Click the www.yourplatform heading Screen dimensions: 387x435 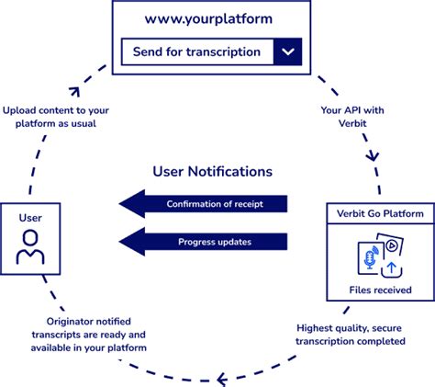click(212, 19)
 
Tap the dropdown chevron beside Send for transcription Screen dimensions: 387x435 click(289, 51)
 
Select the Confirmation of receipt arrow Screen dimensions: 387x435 click(204, 203)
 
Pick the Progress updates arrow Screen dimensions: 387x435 click(204, 242)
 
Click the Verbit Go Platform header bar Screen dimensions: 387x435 click(379, 214)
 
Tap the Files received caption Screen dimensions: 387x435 click(380, 290)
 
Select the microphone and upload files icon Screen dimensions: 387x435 click(380, 257)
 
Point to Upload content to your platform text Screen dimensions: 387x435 click(58, 117)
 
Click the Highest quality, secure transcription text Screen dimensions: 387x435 click(351, 334)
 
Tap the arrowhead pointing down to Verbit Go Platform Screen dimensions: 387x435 click(373, 156)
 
